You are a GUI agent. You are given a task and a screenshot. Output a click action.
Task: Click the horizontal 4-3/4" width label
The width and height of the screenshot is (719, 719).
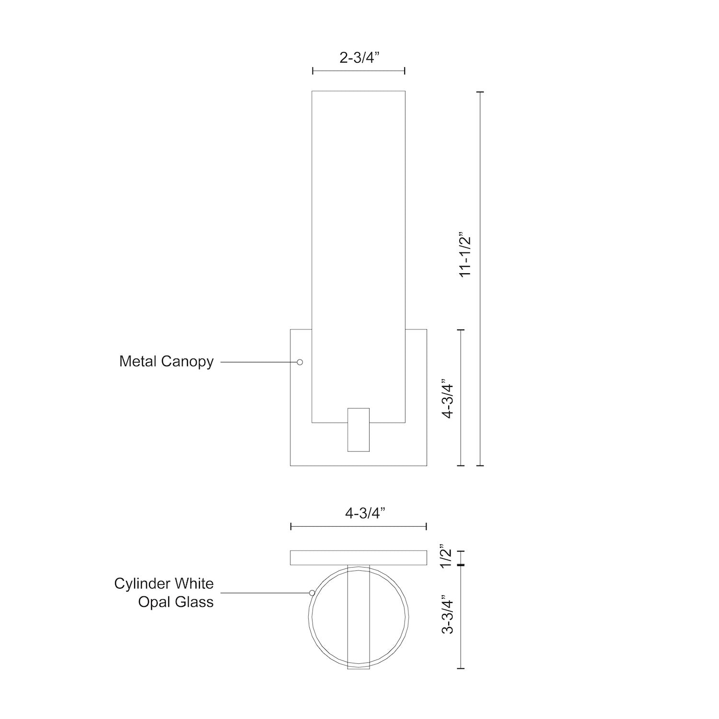point(365,513)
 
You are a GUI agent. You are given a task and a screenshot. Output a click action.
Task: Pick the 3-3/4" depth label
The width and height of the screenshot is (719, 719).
point(447,615)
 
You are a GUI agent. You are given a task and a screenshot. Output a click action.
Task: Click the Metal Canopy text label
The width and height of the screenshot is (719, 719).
point(166,361)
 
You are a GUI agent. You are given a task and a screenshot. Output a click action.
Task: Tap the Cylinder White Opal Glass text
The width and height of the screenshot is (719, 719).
point(164,592)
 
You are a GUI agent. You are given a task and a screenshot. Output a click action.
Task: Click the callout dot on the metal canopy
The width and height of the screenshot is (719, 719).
point(300,362)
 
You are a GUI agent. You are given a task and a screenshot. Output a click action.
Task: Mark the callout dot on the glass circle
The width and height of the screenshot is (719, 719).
point(312,593)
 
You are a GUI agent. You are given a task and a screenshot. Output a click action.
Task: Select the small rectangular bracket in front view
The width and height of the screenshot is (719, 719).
point(358,429)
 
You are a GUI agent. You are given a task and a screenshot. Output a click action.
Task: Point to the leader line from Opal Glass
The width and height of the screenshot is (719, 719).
point(264,593)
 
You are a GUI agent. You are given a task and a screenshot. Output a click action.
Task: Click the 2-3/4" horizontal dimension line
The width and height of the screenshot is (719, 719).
point(359,71)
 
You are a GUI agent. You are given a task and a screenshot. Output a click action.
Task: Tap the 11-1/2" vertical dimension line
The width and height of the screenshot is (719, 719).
point(481,278)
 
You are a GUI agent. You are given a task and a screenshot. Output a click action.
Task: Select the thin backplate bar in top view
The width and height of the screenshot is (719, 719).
point(359,558)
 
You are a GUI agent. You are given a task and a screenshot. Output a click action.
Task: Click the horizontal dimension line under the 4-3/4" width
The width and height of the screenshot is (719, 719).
point(359,527)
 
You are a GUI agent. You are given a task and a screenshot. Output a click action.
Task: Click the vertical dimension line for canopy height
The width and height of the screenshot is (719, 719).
point(461,397)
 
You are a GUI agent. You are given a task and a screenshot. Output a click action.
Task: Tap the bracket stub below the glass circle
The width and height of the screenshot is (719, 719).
point(359,666)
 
